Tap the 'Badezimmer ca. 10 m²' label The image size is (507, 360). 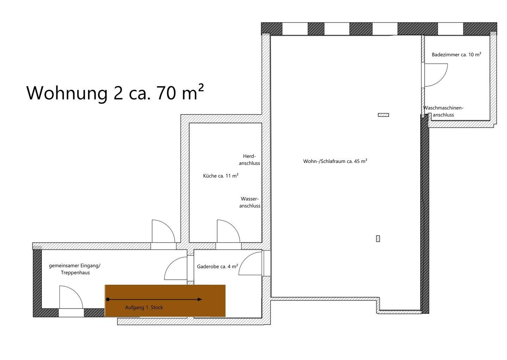point(456,55)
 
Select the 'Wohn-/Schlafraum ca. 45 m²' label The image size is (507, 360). point(335,161)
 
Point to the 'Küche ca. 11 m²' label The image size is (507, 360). point(221,176)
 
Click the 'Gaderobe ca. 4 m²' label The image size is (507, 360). point(217,267)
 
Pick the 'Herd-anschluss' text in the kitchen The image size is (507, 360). point(249,160)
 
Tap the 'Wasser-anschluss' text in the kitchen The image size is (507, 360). point(250,202)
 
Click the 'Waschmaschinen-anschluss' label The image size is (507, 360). point(443,111)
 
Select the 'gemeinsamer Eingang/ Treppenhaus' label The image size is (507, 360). point(75,269)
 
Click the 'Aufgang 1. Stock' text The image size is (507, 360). point(144,308)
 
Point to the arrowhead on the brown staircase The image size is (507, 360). point(200,299)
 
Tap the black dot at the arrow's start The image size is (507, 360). point(108,299)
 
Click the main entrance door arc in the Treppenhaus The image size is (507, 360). point(77,292)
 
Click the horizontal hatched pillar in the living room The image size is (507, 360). point(383,115)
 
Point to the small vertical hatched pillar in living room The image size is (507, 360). point(378,238)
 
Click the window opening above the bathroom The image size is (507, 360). point(450,29)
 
